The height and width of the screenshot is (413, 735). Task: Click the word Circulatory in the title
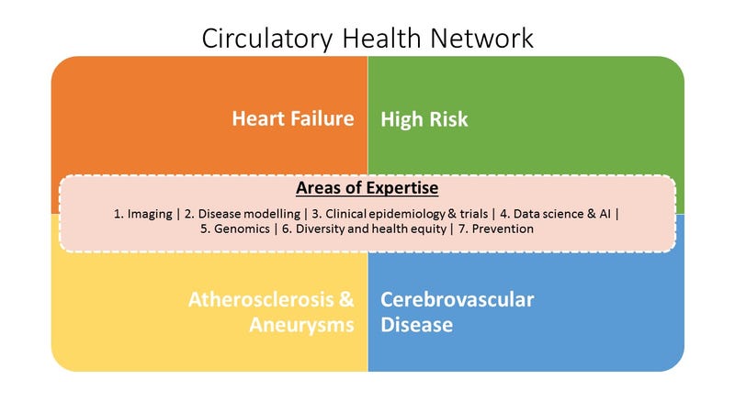267,39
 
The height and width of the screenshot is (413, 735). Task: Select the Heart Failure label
293,118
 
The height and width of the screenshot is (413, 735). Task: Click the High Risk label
424,119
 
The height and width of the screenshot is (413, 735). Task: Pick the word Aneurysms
301,325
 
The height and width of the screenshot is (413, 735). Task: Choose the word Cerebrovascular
457,300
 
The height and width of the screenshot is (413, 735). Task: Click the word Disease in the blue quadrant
417,325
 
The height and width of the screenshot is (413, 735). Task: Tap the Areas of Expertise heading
367,188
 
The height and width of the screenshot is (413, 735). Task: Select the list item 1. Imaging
143,214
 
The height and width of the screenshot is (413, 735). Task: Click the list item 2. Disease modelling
243,214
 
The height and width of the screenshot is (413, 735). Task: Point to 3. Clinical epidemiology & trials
400,214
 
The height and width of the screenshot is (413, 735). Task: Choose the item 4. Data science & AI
556,214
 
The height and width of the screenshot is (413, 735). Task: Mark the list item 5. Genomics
235,229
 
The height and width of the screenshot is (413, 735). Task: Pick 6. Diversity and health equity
364,229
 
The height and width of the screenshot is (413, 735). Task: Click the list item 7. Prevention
496,229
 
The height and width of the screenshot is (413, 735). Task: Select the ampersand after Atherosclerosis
346,300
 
